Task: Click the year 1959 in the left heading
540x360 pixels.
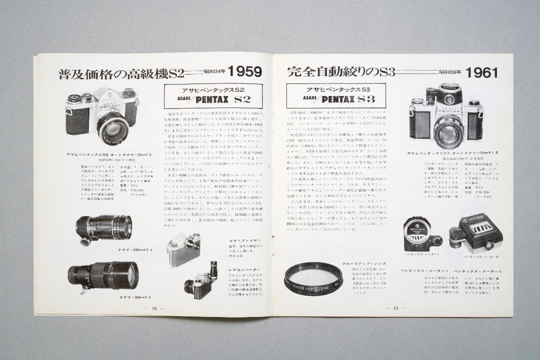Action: [x=244, y=72]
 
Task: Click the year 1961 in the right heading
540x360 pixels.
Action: [x=481, y=73]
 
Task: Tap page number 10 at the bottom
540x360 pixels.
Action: [x=154, y=308]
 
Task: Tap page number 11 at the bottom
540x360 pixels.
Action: [x=395, y=308]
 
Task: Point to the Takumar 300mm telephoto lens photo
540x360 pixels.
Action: [x=103, y=275]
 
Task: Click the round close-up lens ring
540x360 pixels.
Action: [x=313, y=279]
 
